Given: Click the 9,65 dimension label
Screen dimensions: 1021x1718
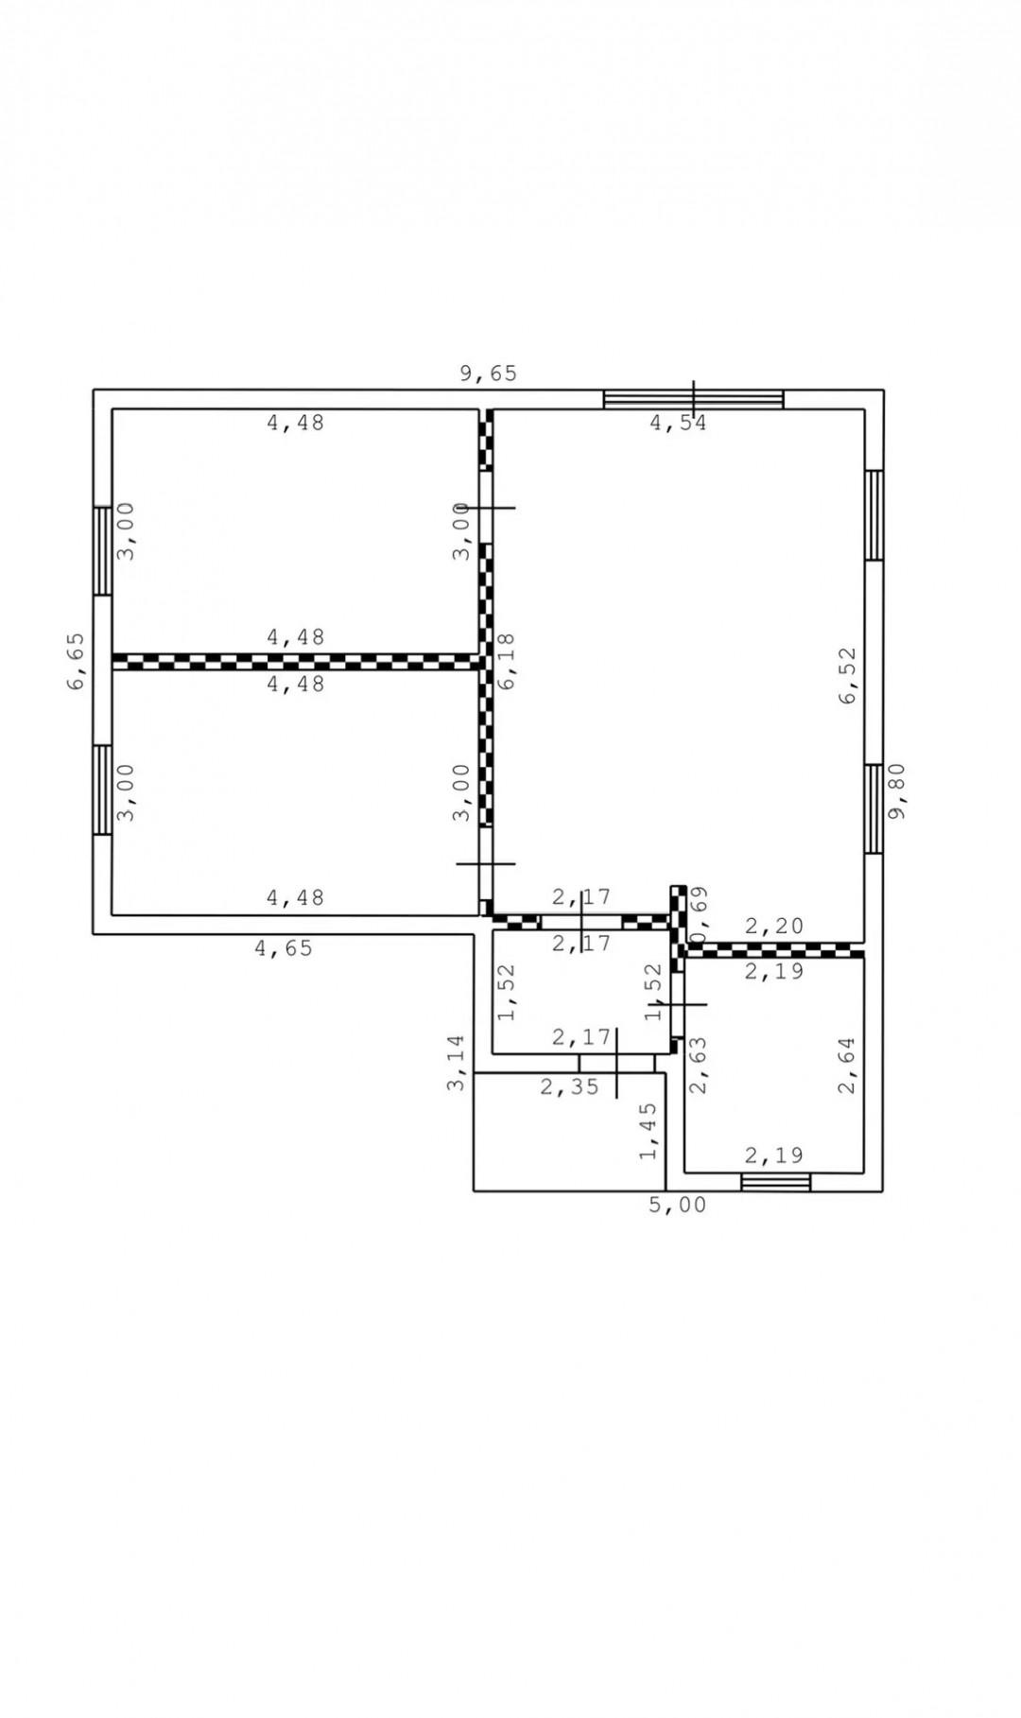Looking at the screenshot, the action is (489, 373).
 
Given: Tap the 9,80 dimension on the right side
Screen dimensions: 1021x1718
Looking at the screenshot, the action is (897, 791).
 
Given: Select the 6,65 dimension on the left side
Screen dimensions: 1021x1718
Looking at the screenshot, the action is (77, 661).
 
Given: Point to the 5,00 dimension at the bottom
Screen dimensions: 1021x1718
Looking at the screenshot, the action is (677, 1206).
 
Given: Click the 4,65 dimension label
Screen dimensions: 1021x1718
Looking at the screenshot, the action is (284, 947).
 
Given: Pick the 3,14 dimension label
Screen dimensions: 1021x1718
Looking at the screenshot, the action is (457, 1063).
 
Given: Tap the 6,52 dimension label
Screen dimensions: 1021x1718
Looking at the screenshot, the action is (847, 674).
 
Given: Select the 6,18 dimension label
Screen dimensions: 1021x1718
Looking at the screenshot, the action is (508, 661).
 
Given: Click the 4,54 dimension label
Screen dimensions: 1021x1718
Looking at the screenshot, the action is (678, 423).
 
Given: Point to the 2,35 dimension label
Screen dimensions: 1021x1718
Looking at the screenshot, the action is (570, 1086).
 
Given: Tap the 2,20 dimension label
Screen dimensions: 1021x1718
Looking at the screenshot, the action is (774, 927).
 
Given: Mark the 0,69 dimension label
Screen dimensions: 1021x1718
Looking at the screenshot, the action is (700, 915).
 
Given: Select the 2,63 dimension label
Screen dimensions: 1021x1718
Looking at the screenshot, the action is (699, 1066).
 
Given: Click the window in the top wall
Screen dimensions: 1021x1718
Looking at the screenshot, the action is (694, 399).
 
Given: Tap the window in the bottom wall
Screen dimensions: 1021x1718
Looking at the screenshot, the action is (776, 1182).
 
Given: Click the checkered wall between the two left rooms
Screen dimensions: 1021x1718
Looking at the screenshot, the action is (296, 661).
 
